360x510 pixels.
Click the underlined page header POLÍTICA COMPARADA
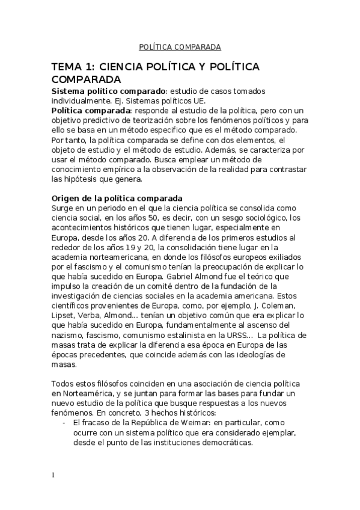click(180, 46)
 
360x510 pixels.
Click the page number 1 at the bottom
click(53, 475)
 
